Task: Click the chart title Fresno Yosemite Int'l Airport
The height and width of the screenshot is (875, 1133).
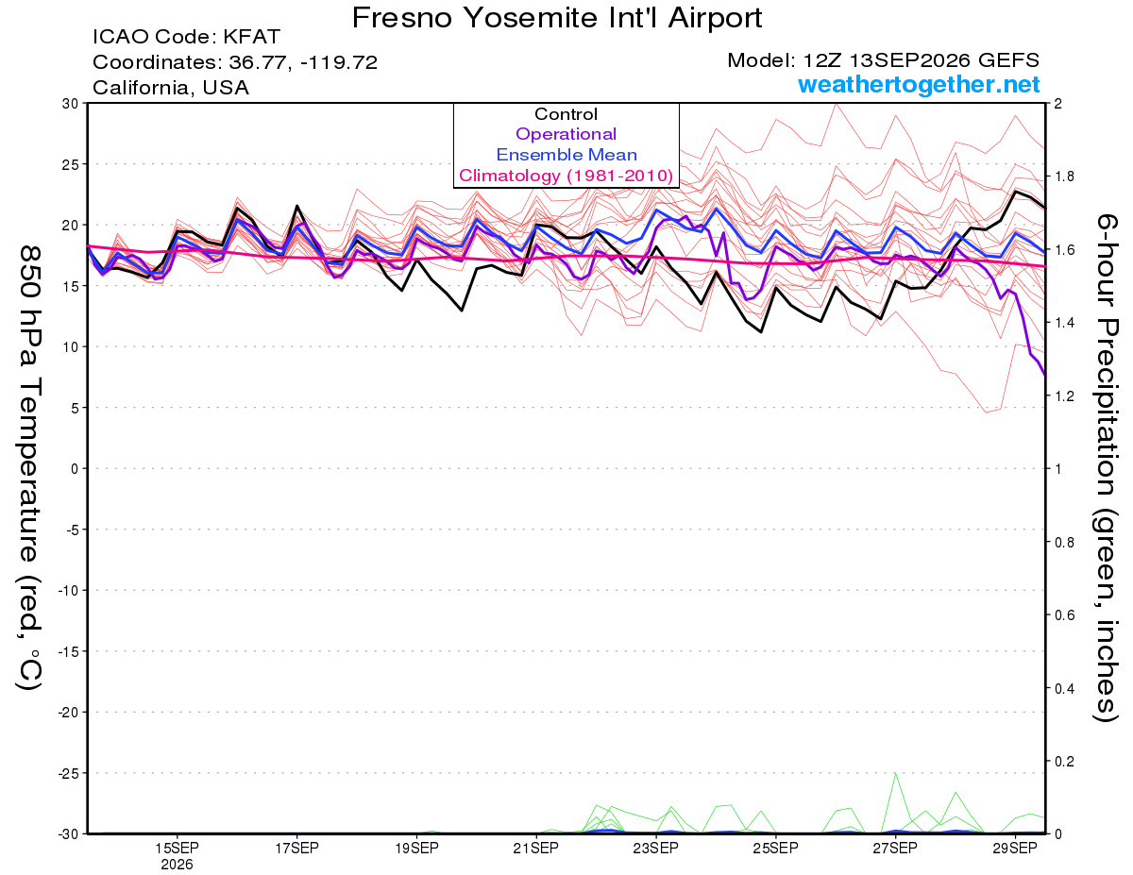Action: [557, 18]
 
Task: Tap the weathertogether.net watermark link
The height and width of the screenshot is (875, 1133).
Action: [919, 84]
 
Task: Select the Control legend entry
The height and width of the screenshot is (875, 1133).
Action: [566, 114]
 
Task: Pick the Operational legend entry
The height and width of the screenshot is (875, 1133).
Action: [566, 134]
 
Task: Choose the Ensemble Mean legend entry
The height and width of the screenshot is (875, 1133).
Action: [566, 155]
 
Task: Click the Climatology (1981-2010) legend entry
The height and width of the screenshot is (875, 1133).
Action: [566, 176]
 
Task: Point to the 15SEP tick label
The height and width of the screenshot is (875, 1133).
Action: [177, 848]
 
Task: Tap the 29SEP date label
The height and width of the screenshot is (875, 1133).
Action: [1015, 848]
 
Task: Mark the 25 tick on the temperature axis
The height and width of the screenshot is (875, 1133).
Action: [71, 164]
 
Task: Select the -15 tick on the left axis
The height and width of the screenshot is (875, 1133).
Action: [68, 651]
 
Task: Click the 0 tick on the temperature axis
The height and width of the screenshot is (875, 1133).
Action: [75, 468]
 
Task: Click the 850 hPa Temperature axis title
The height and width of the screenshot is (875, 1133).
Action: [29, 468]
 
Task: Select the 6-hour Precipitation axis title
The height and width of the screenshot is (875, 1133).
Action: [1105, 467]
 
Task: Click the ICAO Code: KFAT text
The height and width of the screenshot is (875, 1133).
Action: [186, 37]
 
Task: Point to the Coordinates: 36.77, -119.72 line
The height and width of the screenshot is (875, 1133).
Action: [235, 62]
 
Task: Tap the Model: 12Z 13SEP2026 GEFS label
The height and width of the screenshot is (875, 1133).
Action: [883, 60]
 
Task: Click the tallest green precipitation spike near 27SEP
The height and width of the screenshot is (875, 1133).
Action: [895, 773]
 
